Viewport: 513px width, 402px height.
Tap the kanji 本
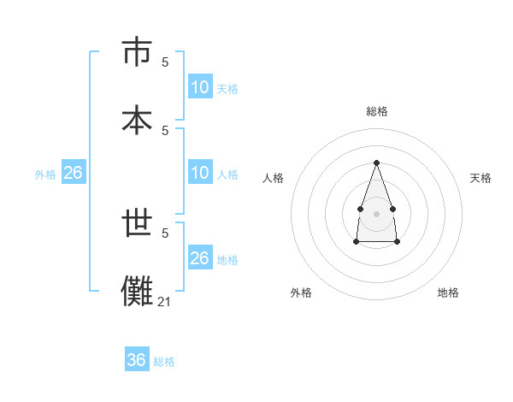tap(136, 120)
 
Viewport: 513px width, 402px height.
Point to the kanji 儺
tap(136, 291)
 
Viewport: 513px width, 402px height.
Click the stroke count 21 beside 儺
tap(165, 301)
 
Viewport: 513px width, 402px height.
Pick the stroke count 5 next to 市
tap(165, 62)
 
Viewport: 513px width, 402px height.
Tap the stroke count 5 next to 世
tap(165, 233)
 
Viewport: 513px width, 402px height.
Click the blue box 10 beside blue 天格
tap(200, 87)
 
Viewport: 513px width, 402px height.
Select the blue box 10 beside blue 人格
tap(200, 173)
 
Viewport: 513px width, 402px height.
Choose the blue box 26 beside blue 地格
tap(200, 258)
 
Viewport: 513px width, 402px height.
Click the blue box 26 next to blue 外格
tap(73, 173)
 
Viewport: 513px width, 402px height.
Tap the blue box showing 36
tap(137, 360)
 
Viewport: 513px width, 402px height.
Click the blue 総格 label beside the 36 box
tap(164, 362)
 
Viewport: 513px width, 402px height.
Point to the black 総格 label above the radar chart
tap(376, 111)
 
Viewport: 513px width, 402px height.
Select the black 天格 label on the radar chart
tap(481, 178)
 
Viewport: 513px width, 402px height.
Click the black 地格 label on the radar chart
tap(448, 293)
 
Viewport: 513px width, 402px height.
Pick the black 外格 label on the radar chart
tap(301, 293)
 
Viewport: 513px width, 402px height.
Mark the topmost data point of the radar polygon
tap(376, 163)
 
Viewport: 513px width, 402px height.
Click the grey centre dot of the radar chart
tap(376, 212)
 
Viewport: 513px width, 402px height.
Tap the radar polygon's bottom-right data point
tap(398, 242)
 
